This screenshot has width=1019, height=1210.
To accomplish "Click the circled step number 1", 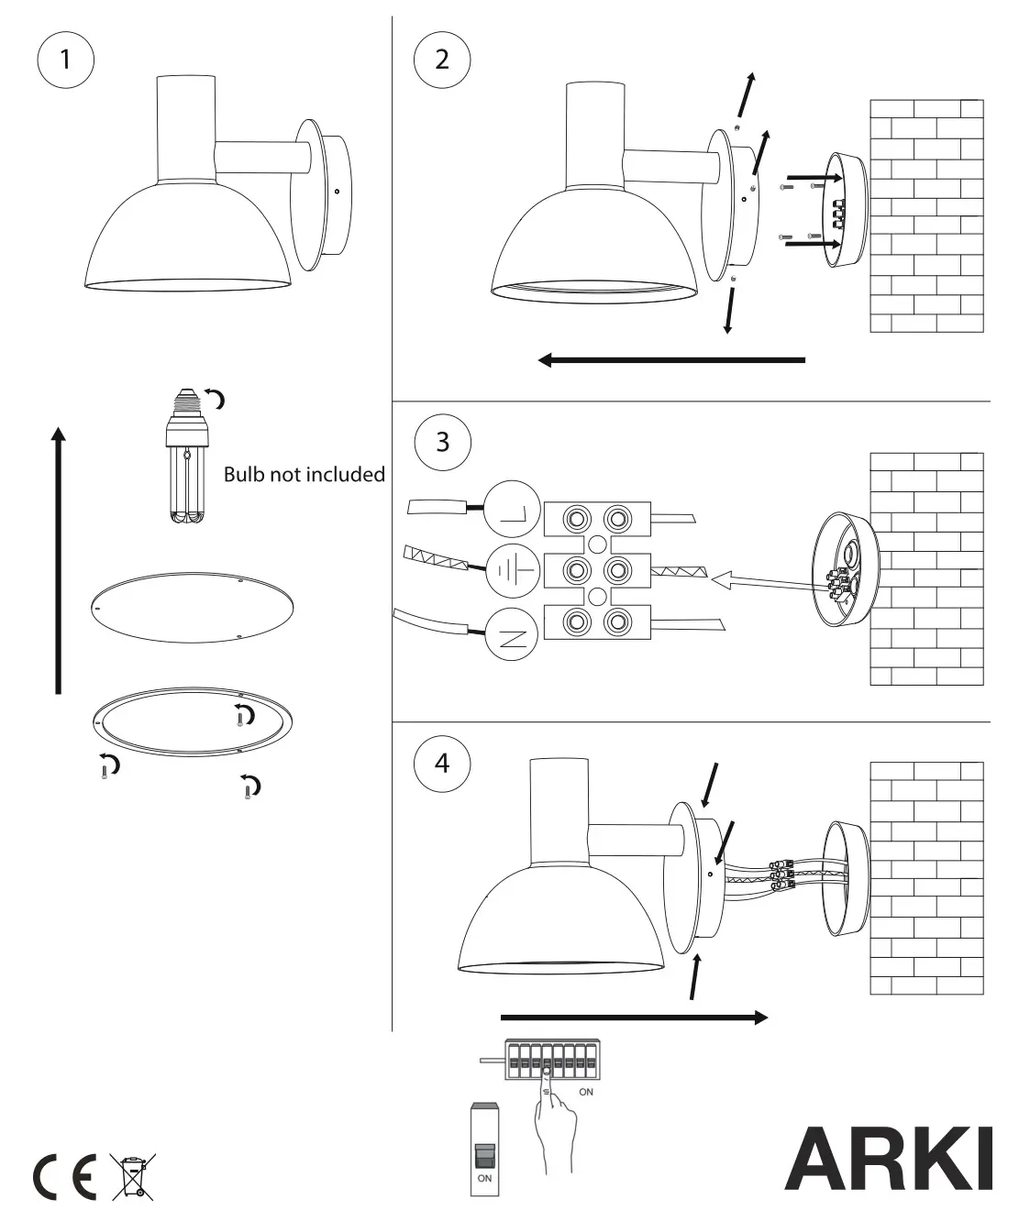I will tap(65, 60).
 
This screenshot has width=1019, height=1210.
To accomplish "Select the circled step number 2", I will tap(442, 60).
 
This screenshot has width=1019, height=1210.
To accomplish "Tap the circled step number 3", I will tap(442, 443).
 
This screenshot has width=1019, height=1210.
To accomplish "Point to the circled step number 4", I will tap(442, 763).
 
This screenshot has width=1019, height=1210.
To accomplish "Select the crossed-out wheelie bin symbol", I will tap(133, 1177).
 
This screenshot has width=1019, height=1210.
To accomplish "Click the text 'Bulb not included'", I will tap(304, 475).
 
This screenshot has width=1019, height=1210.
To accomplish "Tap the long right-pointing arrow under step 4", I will tap(634, 1017).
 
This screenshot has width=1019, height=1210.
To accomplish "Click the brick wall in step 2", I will tap(926, 215).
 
